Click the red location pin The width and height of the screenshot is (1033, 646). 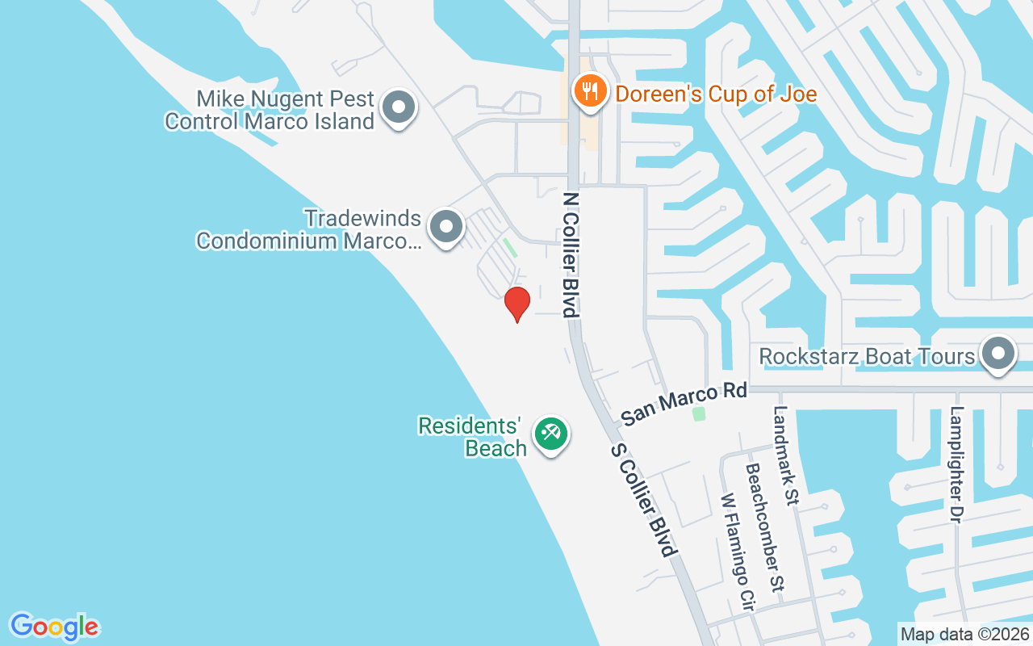point(516,304)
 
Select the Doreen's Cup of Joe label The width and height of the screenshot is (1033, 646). point(716,94)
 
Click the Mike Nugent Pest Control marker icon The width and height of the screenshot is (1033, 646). point(397,107)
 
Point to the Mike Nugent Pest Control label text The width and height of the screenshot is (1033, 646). point(270,111)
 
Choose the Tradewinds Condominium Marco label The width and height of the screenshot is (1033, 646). point(308,229)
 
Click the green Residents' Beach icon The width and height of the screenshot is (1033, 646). point(552,434)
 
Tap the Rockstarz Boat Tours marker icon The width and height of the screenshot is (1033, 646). point(998,354)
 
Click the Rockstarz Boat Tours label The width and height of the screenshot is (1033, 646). point(867,356)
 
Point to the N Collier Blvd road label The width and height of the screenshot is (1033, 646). point(571,254)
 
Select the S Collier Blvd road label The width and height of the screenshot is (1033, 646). point(642,500)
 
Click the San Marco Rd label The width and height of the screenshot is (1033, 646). point(684,405)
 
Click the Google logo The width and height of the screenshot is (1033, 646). point(55,627)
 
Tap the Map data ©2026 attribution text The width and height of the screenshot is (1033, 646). point(964,635)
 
